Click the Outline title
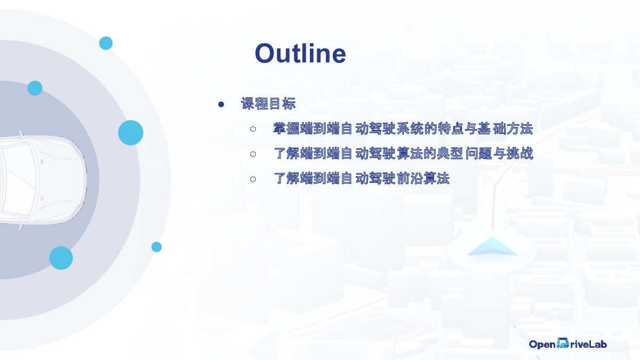[x=300, y=53]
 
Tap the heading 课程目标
[x=268, y=103]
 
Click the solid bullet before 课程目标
[x=221, y=105]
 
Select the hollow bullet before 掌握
[x=253, y=129]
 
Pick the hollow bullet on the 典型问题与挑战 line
[x=253, y=154]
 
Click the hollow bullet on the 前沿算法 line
[x=253, y=179]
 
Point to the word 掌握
[x=286, y=129]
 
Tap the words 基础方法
[x=506, y=129]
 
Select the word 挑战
[x=520, y=154]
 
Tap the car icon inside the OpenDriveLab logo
[x=563, y=343]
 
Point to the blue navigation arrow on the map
[x=492, y=246]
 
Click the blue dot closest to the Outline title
[x=106, y=43]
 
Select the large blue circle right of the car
[x=131, y=133]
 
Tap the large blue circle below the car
[x=61, y=258]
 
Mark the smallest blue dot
[x=156, y=247]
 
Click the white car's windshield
[x=18, y=180]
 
